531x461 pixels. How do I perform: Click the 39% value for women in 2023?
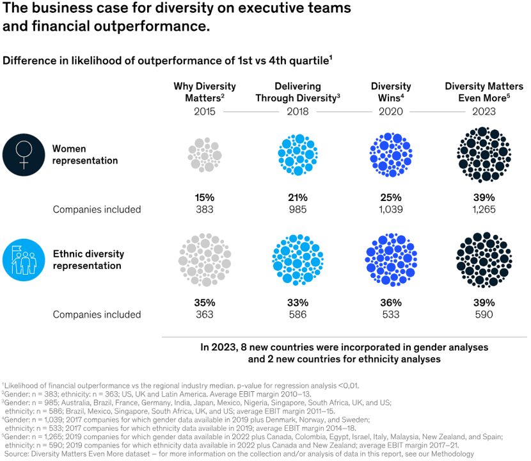(x=484, y=197)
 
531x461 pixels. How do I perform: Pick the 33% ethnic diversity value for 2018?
(x=297, y=302)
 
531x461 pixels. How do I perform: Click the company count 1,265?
(x=484, y=209)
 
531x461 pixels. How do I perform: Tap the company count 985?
(x=297, y=209)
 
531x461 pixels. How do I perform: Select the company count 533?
(x=390, y=314)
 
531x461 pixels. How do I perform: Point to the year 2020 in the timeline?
(x=391, y=111)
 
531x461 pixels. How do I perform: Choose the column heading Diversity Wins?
(x=390, y=92)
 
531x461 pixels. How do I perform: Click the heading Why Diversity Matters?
(x=204, y=92)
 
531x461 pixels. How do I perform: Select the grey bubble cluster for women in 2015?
(x=204, y=154)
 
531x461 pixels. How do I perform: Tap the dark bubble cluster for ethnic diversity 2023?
(x=484, y=259)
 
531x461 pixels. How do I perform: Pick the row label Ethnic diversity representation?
(x=88, y=259)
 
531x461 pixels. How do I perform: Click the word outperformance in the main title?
(x=157, y=28)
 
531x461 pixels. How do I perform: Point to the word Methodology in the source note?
(x=448, y=453)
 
